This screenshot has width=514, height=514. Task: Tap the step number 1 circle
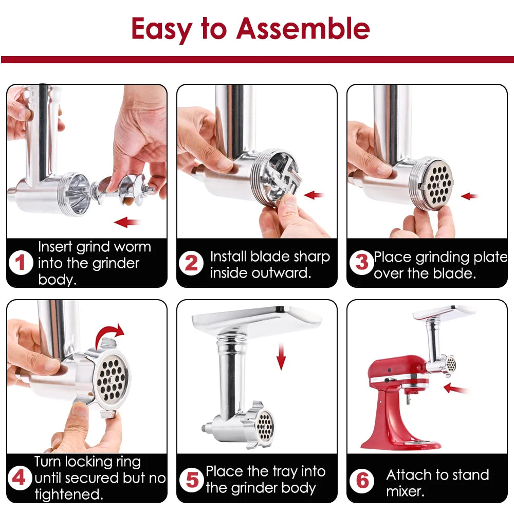tap(21, 263)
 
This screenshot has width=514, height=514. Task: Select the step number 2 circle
tap(191, 263)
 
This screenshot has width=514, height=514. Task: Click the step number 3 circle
tap(361, 263)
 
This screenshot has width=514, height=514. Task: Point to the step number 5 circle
tap(191, 480)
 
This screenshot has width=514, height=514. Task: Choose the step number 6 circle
tap(362, 481)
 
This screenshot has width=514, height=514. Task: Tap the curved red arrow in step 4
tap(111, 335)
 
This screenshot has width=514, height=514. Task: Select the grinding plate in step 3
tap(434, 185)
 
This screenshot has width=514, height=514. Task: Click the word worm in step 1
tap(133, 247)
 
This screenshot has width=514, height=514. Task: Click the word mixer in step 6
tap(405, 491)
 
